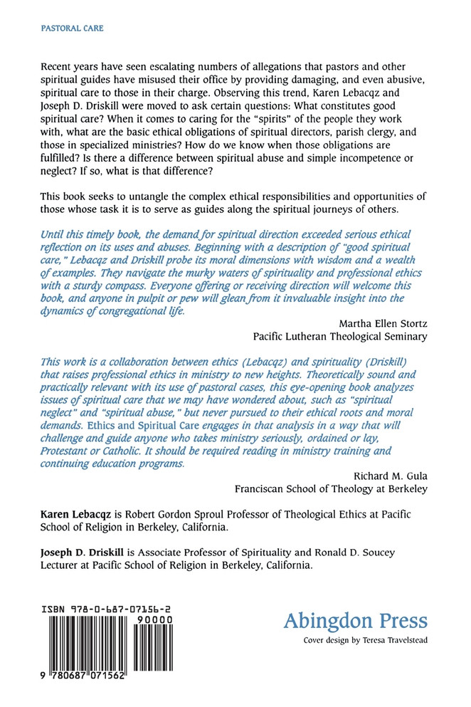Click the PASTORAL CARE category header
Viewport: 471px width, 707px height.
tap(63, 28)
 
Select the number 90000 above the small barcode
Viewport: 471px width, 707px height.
tap(155, 620)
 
